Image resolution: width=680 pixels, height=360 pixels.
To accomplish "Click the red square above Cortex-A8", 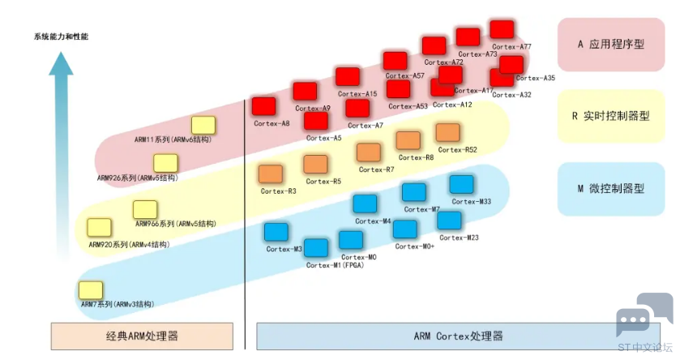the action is pos(263,107).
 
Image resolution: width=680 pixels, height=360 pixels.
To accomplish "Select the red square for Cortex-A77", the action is pos(502,29).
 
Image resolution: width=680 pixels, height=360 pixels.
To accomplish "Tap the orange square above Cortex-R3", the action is pos(271,174).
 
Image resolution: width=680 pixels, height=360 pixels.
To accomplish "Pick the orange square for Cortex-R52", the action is pos(447,133).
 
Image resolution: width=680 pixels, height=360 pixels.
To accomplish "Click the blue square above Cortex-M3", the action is pos(276,232).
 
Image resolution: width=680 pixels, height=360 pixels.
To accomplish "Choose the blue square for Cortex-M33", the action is pos(461,184).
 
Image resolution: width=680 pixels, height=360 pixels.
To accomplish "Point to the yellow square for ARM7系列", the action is pos(91,290).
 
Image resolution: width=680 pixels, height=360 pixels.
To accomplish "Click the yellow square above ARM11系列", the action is pos(203,126).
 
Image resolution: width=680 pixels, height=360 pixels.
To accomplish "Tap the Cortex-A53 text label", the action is pos(408,106).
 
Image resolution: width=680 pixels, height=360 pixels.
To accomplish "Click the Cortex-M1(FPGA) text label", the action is pos(335,265).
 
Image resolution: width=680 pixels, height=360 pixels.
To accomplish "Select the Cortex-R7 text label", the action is pos(376,169).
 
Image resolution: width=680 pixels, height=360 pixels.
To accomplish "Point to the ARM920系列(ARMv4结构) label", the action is pos(129,245).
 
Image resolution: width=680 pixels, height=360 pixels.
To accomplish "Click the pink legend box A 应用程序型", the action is pos(611,45).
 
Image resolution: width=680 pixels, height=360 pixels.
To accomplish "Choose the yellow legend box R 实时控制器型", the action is pos(611,116).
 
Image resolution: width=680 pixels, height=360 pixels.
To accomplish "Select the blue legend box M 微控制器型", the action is pos(611,189).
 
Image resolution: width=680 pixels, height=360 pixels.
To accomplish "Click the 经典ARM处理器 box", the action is pos(142,336).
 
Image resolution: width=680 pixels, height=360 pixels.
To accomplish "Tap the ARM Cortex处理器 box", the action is pos(458,336).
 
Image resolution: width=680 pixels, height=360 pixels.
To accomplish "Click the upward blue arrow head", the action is pos(61,63).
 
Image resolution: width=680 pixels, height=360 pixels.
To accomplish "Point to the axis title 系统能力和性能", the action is pos(61,36).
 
